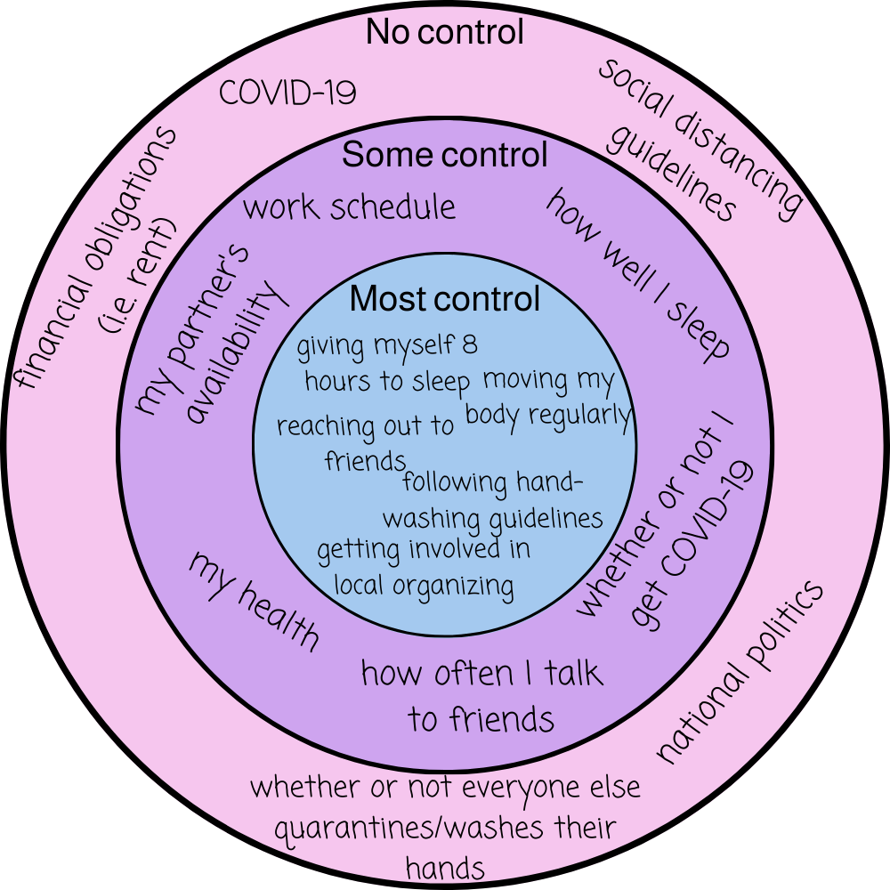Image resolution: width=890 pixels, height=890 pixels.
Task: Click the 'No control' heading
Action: coord(445,33)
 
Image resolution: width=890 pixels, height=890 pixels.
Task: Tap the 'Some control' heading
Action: coord(445,155)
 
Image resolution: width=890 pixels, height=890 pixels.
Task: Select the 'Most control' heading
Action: coord(445,298)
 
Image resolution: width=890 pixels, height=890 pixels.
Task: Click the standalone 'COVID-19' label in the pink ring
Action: coord(287,93)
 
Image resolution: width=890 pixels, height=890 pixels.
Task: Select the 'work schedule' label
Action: coord(349,207)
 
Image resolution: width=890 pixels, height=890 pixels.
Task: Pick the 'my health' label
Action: coord(254,601)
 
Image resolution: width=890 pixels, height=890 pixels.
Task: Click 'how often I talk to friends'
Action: coord(481,695)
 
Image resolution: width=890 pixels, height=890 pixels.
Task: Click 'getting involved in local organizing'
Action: coord(424,566)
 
